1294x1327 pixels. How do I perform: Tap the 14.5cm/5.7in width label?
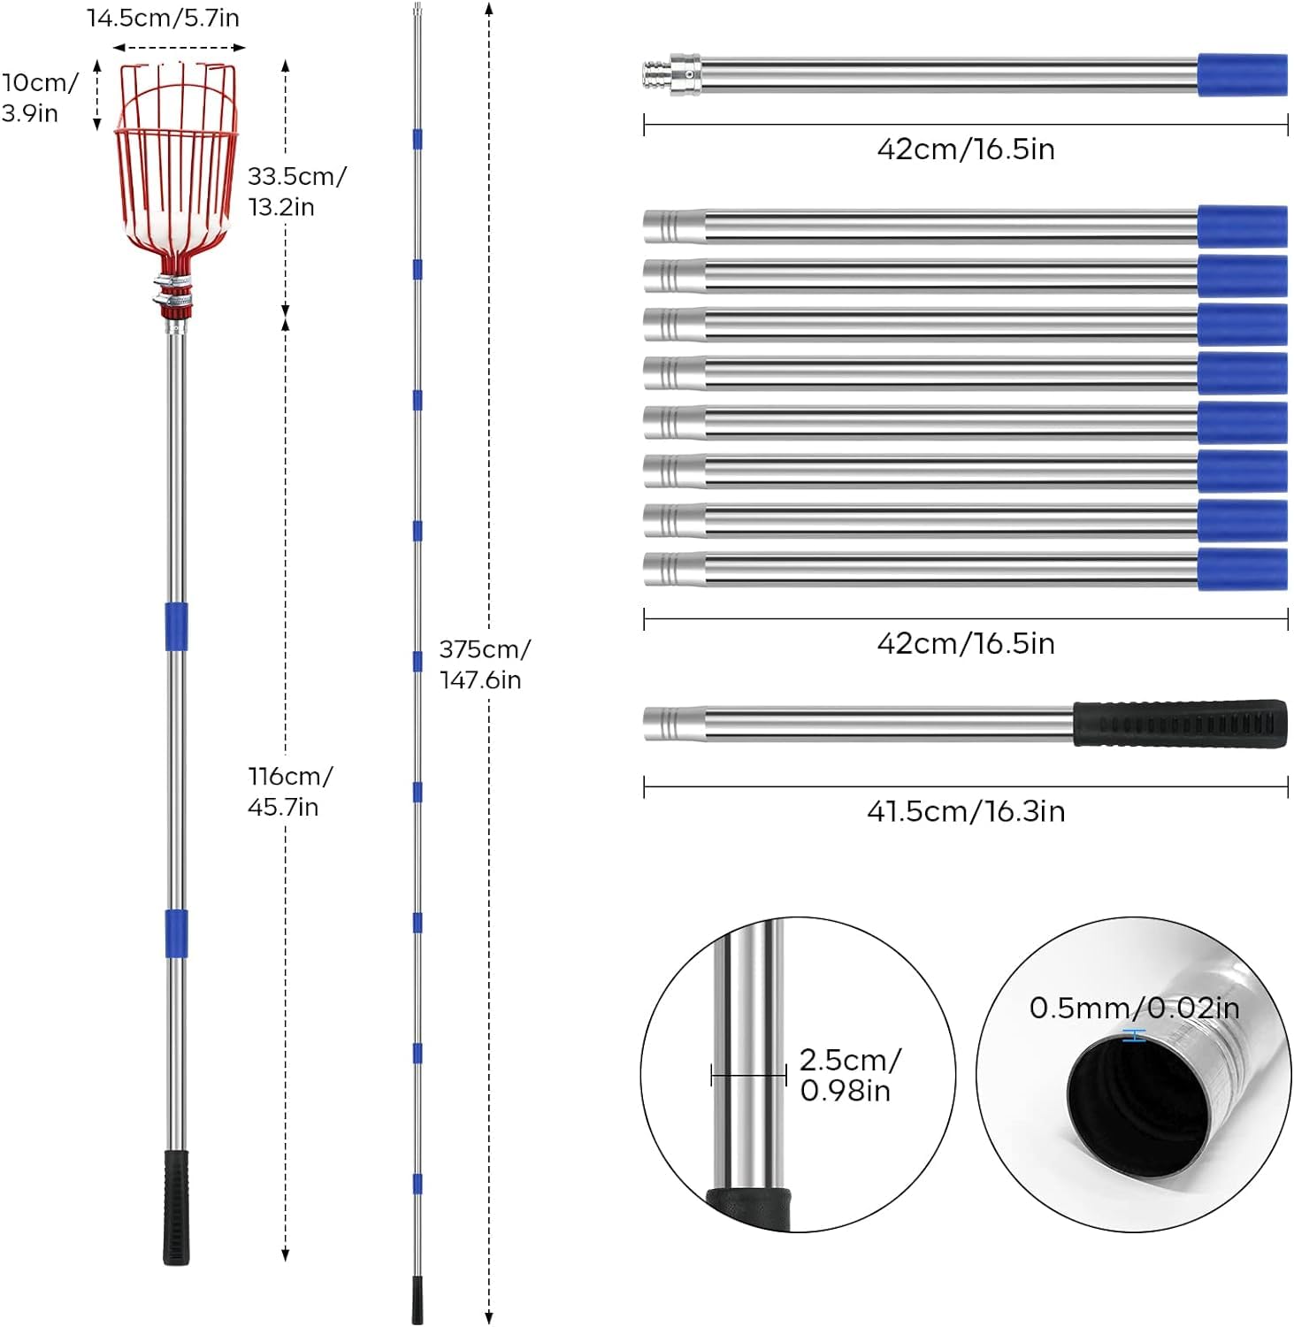point(163,18)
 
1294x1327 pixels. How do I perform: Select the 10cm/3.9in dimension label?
point(40,97)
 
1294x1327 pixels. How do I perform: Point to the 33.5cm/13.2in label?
point(296,191)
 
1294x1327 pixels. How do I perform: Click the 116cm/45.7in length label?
point(290,791)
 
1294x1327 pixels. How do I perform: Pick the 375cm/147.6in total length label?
point(485,663)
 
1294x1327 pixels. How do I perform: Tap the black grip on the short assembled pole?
point(176,1207)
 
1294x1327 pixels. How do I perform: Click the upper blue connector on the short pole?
point(176,626)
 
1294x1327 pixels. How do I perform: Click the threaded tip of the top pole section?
point(655,74)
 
